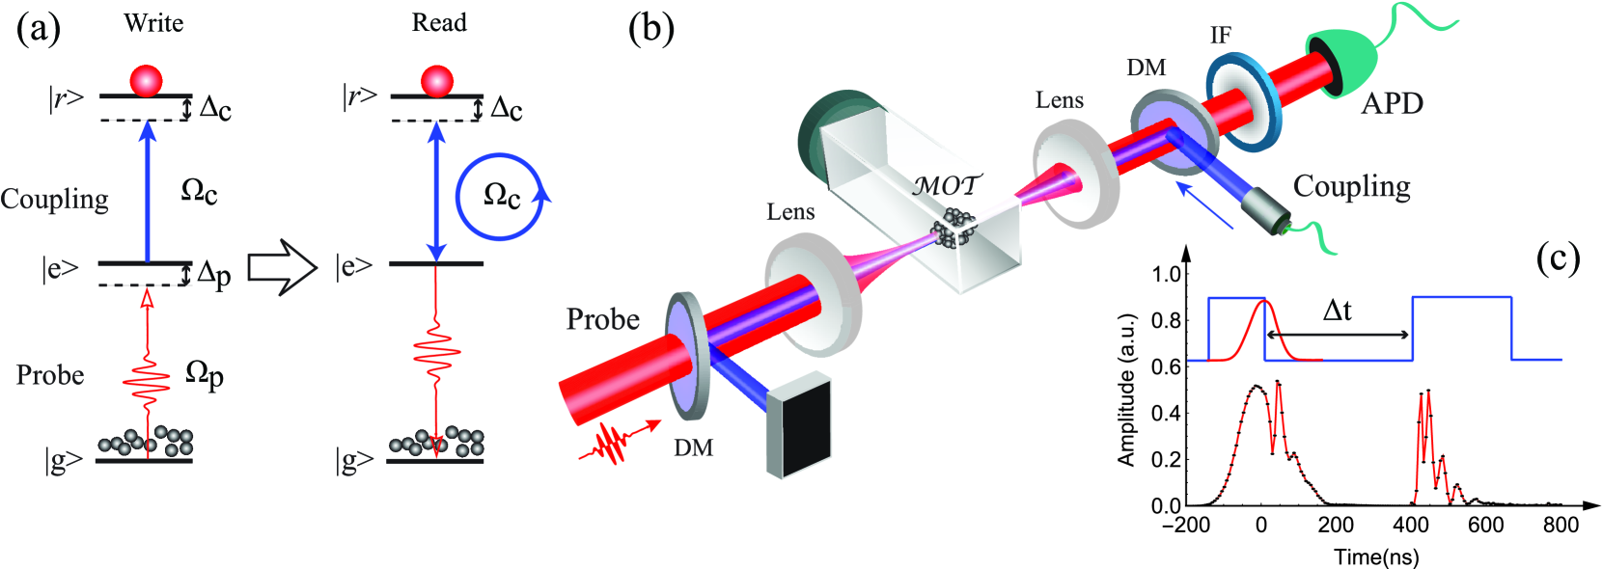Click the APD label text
[x=1392, y=103]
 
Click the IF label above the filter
[x=1221, y=36]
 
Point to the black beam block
[x=799, y=424]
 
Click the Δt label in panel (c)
[x=1337, y=311]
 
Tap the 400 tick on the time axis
[x=1411, y=525]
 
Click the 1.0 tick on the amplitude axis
[x=1167, y=274]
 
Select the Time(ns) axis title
[x=1376, y=556]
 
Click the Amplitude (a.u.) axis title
[x=1125, y=390]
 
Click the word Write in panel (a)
[x=153, y=23]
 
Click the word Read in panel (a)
[x=439, y=23]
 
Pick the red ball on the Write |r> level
[x=147, y=81]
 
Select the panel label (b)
[x=651, y=28]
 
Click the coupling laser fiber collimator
[x=1264, y=208]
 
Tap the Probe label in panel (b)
[x=602, y=319]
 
